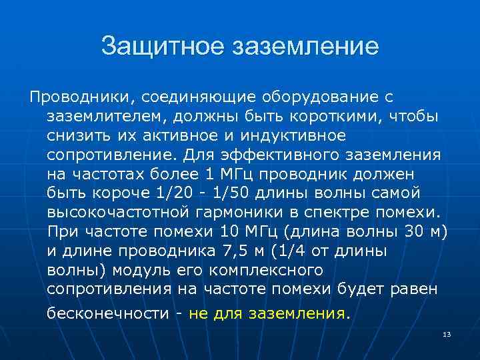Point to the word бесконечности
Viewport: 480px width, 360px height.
pyautogui.click(x=108, y=313)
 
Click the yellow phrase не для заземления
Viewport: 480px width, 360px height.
pyautogui.click(x=268, y=313)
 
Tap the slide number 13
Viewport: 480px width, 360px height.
pyautogui.click(x=447, y=333)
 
